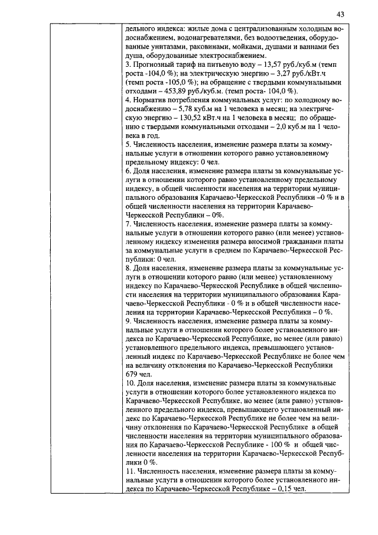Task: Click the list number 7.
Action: click(x=129, y=224)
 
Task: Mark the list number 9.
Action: click(x=129, y=320)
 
